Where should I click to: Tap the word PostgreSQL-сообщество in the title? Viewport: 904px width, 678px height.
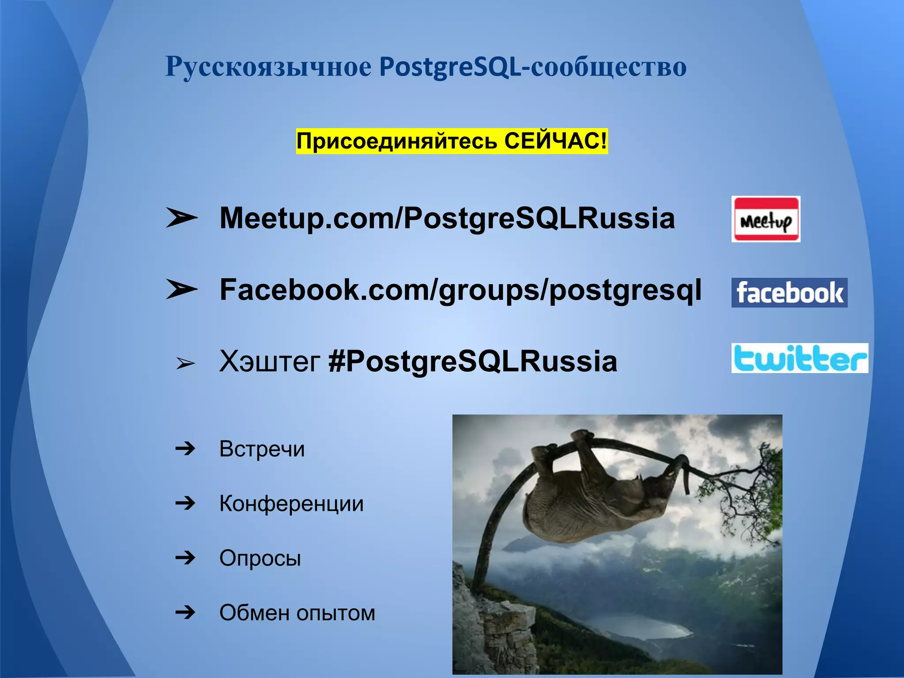click(532, 67)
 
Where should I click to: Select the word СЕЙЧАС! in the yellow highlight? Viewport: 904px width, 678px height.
click(555, 141)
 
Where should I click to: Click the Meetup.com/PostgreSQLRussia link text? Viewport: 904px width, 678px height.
click(447, 218)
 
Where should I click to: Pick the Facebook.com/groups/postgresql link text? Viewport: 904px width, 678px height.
click(460, 290)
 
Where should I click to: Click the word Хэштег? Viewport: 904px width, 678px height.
click(270, 362)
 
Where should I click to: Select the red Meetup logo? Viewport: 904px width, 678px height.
click(765, 219)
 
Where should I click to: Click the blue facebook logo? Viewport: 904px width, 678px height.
click(789, 293)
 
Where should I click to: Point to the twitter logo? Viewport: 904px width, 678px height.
click(799, 358)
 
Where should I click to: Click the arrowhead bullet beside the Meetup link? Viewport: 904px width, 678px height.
click(181, 218)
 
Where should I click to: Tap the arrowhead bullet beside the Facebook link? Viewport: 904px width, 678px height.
click(181, 290)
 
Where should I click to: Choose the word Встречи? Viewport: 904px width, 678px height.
click(262, 449)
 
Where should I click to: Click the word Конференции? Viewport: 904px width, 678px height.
click(291, 503)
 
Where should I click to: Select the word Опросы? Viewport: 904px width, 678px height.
click(260, 558)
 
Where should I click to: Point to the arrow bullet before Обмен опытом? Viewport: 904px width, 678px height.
click(185, 612)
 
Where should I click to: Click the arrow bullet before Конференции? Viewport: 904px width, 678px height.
click(185, 503)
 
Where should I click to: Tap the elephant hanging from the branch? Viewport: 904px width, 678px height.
click(600, 494)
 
